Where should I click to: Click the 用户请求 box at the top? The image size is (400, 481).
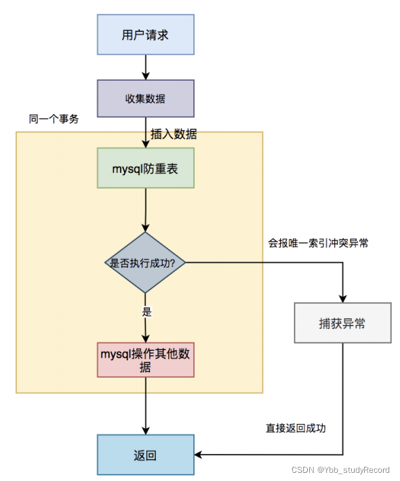click(145, 35)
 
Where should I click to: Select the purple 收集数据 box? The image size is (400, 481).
click(145, 99)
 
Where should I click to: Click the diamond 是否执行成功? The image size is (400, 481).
click(145, 263)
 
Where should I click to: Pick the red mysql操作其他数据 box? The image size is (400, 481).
click(145, 360)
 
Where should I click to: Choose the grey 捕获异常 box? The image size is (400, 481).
click(342, 323)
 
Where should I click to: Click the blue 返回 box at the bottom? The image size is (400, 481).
click(145, 455)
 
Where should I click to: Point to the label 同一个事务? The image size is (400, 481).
click(54, 119)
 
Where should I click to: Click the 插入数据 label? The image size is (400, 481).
click(174, 134)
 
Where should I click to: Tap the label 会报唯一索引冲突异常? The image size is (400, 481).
click(318, 243)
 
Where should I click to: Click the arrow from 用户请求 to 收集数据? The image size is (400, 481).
click(145, 67)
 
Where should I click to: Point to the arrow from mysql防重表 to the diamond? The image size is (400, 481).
click(145, 210)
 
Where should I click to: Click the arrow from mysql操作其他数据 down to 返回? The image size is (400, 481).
click(145, 406)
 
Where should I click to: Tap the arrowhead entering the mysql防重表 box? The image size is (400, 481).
click(145, 145)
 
